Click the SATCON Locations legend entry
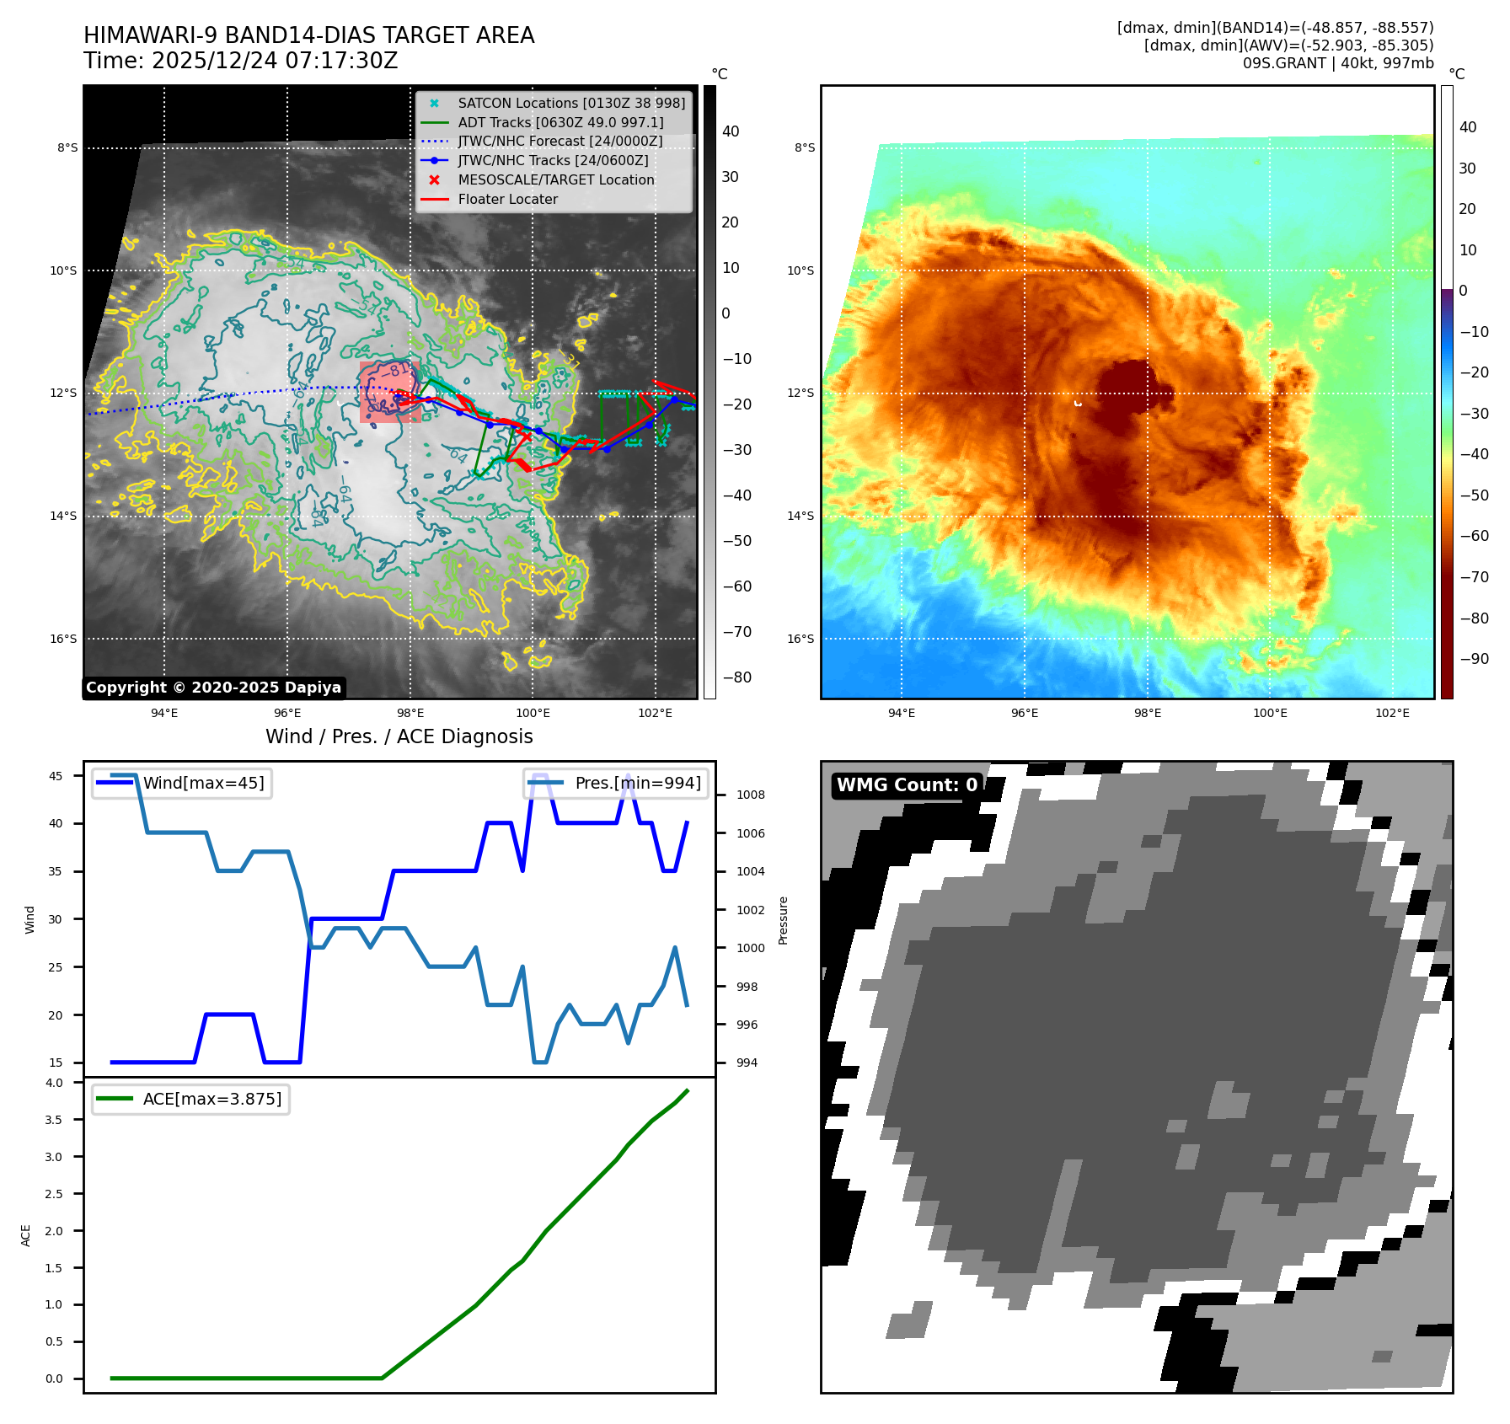point(570,103)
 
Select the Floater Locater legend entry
point(507,200)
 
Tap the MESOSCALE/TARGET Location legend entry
point(555,180)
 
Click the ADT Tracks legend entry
point(560,122)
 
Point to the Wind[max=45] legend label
point(203,783)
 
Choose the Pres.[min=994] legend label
point(637,783)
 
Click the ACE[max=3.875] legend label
point(212,1099)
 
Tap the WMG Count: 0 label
point(907,785)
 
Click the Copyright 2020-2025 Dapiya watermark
point(213,688)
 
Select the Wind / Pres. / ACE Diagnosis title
point(399,736)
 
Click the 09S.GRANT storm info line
point(1337,63)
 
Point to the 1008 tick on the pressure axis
point(750,795)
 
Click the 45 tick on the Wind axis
point(56,776)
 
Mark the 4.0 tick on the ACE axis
point(54,1083)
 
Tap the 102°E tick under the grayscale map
point(655,713)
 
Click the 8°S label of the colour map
point(804,148)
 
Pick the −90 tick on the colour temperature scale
point(1474,659)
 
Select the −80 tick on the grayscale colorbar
point(736,677)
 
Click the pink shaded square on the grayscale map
point(389,393)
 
